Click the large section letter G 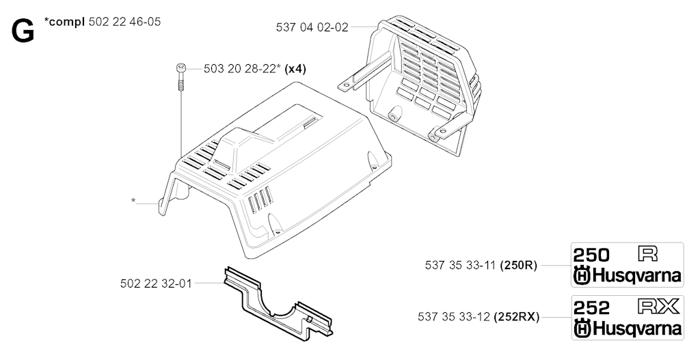[23, 32]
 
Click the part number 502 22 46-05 [124, 21]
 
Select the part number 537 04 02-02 [312, 27]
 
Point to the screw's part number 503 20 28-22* [243, 69]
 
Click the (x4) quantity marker [295, 69]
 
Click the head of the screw [180, 68]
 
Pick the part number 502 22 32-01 [156, 283]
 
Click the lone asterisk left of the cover [133, 201]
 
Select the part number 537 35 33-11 [461, 266]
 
